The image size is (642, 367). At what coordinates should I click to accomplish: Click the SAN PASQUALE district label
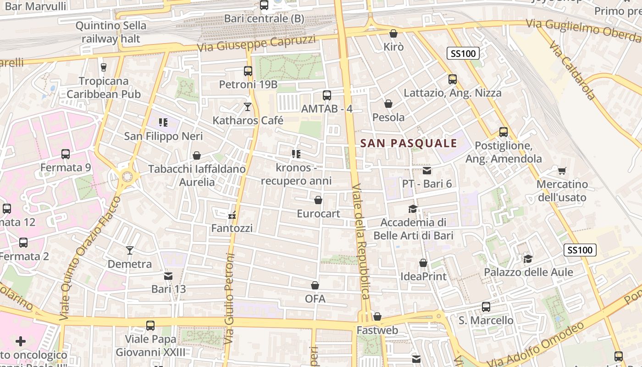[409, 143]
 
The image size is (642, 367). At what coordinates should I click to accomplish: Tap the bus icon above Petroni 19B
[248, 71]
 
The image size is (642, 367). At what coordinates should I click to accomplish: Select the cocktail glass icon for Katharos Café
[248, 107]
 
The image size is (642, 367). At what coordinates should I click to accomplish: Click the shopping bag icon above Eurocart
[318, 200]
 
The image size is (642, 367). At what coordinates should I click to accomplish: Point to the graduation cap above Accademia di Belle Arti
[413, 209]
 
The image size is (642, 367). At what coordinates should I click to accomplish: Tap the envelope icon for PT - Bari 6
[427, 171]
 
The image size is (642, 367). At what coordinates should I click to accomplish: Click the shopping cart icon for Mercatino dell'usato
[562, 171]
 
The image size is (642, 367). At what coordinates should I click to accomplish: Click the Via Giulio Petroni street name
[230, 298]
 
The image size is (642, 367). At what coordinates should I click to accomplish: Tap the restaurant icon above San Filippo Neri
[163, 122]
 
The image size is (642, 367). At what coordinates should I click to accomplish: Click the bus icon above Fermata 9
[66, 154]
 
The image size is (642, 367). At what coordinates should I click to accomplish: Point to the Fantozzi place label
[232, 228]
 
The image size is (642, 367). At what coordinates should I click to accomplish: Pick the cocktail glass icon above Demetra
[130, 250]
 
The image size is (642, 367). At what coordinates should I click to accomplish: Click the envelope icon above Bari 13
[168, 276]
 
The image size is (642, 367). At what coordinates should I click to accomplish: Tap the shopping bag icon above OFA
[315, 285]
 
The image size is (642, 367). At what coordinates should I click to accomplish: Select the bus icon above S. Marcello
[486, 306]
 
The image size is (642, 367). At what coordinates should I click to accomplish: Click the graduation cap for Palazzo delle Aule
[528, 259]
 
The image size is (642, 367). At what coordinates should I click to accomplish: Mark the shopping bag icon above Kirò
[393, 33]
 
